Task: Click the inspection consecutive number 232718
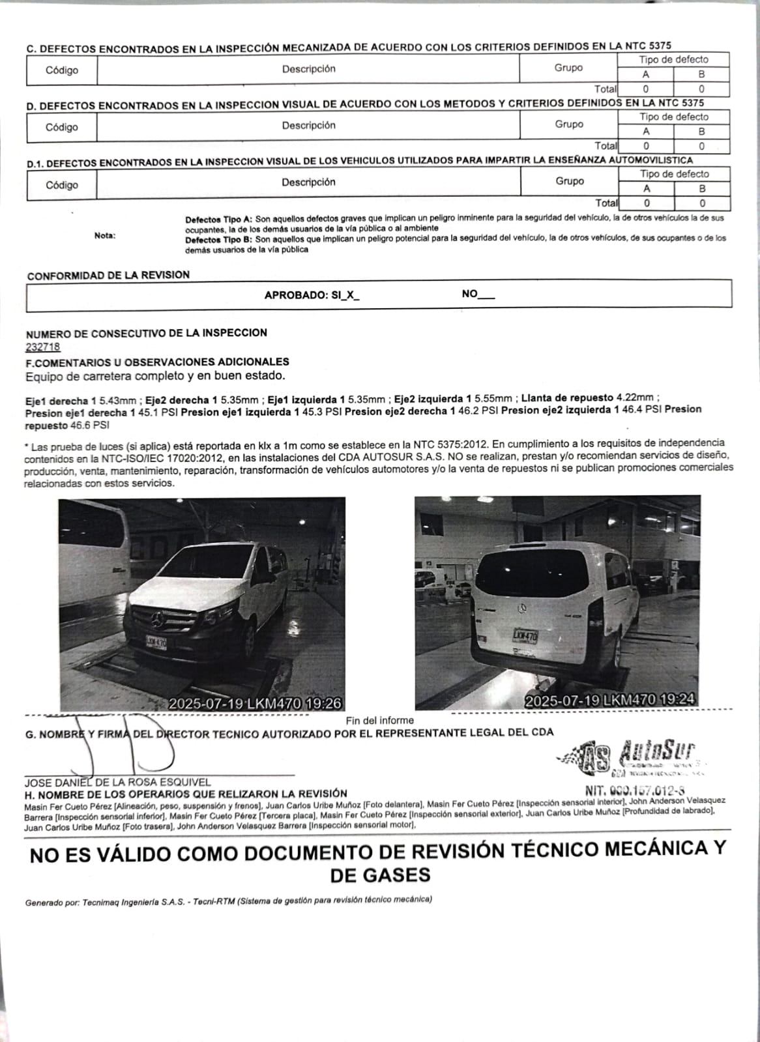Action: [x=43, y=347]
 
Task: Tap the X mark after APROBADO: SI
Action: [x=350, y=295]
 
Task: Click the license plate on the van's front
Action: [x=156, y=642]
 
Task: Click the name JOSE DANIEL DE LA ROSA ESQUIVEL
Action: [x=118, y=782]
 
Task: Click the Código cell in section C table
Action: [x=62, y=70]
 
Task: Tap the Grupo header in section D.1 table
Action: [x=569, y=181]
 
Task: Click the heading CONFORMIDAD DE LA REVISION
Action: [x=108, y=275]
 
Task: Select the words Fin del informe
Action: [x=379, y=720]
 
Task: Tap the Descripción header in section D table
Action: [x=308, y=125]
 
